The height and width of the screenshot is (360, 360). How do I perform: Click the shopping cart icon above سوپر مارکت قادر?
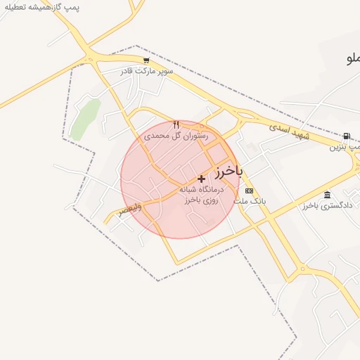coord(146,60)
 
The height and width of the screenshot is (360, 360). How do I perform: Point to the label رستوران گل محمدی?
coord(176,135)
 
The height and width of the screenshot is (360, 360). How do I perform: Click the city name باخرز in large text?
coord(229,170)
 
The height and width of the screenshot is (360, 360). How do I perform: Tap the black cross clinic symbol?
coord(201,179)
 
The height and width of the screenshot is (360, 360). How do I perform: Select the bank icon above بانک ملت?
coord(249,191)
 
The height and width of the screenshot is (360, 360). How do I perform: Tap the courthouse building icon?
coord(327,195)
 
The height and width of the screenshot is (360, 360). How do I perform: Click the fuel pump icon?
coord(347,136)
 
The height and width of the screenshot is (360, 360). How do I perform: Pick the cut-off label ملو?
coord(352,58)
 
